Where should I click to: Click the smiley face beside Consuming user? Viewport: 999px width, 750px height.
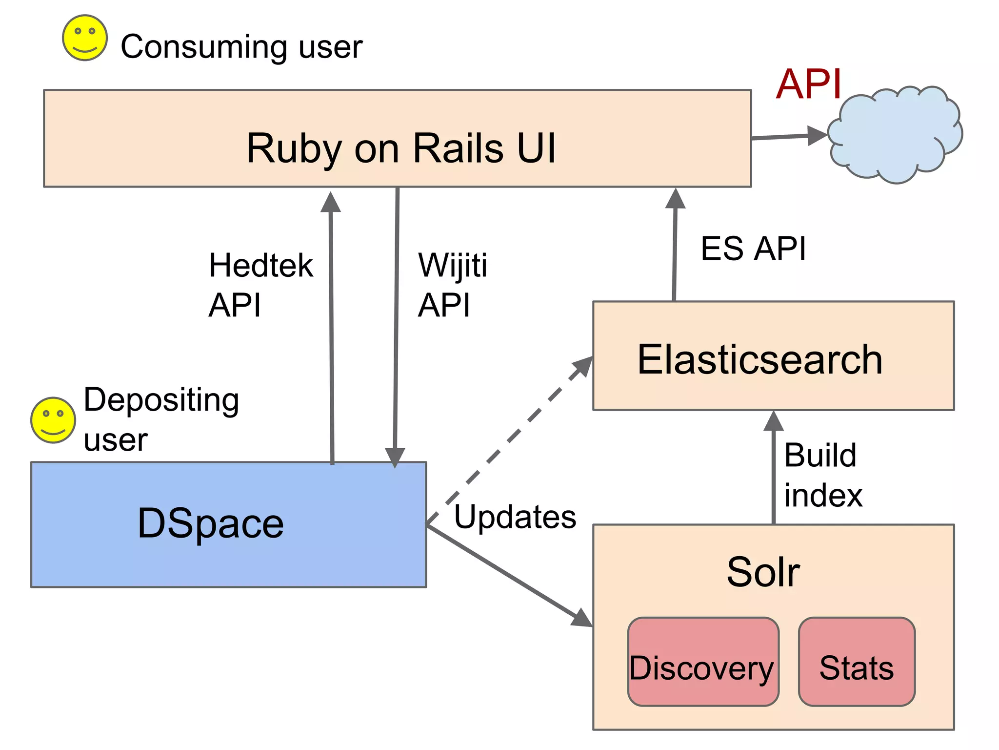(85, 38)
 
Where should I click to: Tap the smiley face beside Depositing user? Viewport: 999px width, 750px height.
(53, 420)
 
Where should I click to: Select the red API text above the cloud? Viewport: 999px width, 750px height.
(809, 84)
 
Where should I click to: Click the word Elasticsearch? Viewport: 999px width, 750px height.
(760, 360)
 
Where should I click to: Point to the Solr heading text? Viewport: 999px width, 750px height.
(763, 572)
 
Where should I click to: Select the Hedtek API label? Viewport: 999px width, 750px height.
(260, 285)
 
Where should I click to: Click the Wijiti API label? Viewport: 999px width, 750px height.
(452, 285)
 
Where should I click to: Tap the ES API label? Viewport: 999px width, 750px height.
(753, 249)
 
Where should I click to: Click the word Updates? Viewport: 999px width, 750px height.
(515, 517)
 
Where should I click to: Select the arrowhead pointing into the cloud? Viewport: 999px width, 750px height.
(817, 135)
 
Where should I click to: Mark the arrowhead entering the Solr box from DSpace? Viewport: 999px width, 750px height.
(581, 618)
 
